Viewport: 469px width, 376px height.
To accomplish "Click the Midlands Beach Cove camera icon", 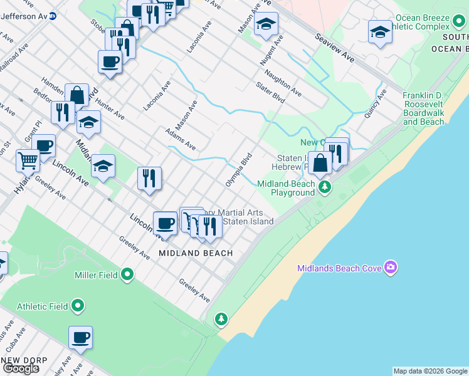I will click(x=391, y=268).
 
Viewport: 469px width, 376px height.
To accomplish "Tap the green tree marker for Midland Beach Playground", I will click(x=324, y=187).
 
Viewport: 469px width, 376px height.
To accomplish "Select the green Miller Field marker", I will click(x=127, y=274).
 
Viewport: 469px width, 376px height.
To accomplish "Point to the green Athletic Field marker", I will click(x=78, y=306).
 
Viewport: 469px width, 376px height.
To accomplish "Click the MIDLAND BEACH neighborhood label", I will click(x=196, y=253).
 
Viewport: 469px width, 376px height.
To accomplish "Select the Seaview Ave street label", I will click(x=335, y=47).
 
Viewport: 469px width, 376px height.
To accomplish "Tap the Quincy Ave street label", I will click(x=377, y=103).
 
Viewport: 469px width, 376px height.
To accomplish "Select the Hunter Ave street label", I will click(x=110, y=104).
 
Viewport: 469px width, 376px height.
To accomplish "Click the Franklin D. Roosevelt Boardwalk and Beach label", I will click(x=432, y=108).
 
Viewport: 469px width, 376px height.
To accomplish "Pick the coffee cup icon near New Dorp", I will click(x=80, y=338).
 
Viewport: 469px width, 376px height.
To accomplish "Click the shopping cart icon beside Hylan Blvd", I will click(x=28, y=160).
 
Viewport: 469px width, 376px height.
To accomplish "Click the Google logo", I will click(x=21, y=368).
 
